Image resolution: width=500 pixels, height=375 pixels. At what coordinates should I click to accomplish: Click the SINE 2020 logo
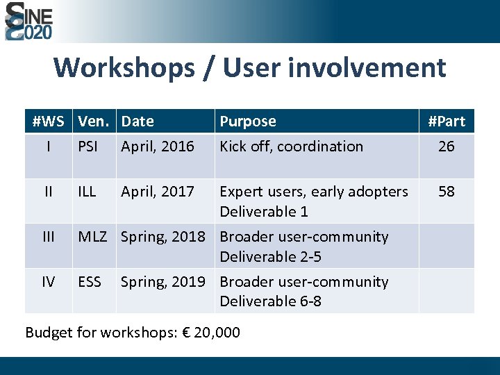(28, 21)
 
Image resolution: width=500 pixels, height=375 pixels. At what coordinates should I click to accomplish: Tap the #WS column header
(48, 122)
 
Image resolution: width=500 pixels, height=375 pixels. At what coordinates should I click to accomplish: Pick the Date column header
(137, 122)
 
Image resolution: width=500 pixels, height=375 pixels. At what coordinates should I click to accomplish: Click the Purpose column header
(248, 122)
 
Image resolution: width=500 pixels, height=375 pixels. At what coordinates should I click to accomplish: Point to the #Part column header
(447, 122)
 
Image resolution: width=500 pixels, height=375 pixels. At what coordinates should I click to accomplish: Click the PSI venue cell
(88, 147)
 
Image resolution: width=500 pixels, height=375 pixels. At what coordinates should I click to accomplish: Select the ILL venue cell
(87, 191)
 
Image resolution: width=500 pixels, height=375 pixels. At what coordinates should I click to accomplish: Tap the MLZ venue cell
(92, 236)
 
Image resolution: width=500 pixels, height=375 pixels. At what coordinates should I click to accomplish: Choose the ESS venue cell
(90, 281)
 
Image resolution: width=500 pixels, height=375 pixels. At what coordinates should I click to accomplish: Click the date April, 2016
(158, 147)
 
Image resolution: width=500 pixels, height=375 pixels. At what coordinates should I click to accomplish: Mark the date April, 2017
(158, 191)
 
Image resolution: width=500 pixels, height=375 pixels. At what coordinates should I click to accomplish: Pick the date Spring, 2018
(163, 236)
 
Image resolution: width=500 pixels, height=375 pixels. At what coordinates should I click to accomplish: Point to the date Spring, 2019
(163, 281)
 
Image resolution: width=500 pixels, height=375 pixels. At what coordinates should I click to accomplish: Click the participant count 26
(447, 147)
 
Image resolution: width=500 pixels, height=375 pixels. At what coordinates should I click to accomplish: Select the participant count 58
(447, 191)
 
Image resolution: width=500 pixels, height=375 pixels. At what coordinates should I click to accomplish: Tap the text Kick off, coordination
(291, 147)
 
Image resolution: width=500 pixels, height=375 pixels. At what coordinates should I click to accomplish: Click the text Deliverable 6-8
(271, 301)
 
